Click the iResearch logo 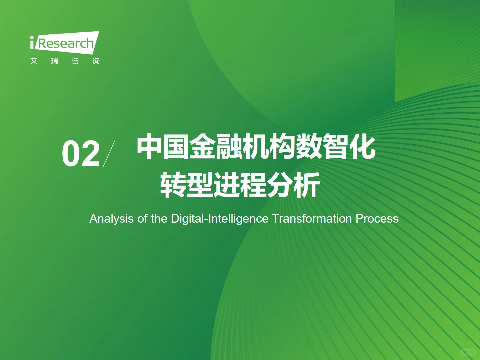[x=65, y=43]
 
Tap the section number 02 [x=81, y=154]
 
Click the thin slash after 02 [x=109, y=154]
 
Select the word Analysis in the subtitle [x=112, y=219]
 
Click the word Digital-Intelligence [x=219, y=219]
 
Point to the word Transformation [x=312, y=219]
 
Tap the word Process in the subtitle [x=377, y=219]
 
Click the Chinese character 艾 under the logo [x=34, y=61]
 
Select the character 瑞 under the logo [x=55, y=61]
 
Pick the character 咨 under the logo [x=75, y=61]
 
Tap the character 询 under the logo [x=96, y=61]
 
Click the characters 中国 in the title [x=163, y=147]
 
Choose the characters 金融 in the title [x=216, y=147]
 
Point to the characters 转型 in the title [x=187, y=185]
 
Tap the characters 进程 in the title [x=240, y=185]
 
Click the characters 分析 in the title [x=293, y=185]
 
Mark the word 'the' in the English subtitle [x=159, y=219]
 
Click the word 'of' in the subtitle [x=142, y=219]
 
